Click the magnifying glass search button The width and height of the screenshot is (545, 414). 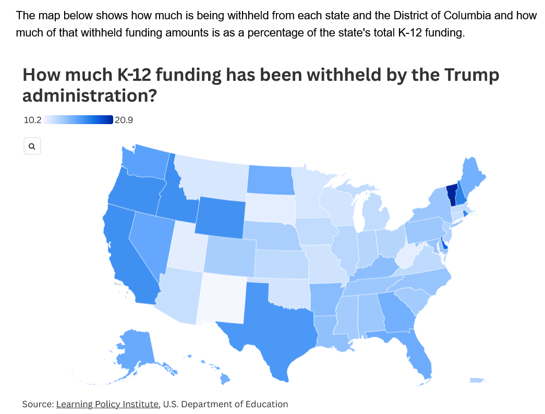(x=32, y=147)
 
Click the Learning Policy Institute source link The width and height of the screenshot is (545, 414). (x=107, y=404)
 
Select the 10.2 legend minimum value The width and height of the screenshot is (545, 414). (x=32, y=120)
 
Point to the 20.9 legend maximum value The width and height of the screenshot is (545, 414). (x=124, y=120)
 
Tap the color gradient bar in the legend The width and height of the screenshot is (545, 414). (x=78, y=120)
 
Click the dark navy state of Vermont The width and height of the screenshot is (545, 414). (x=452, y=194)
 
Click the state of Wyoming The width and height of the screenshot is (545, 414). (x=219, y=216)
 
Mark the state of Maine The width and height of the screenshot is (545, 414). (x=473, y=177)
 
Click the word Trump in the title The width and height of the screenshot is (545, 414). (x=471, y=75)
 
